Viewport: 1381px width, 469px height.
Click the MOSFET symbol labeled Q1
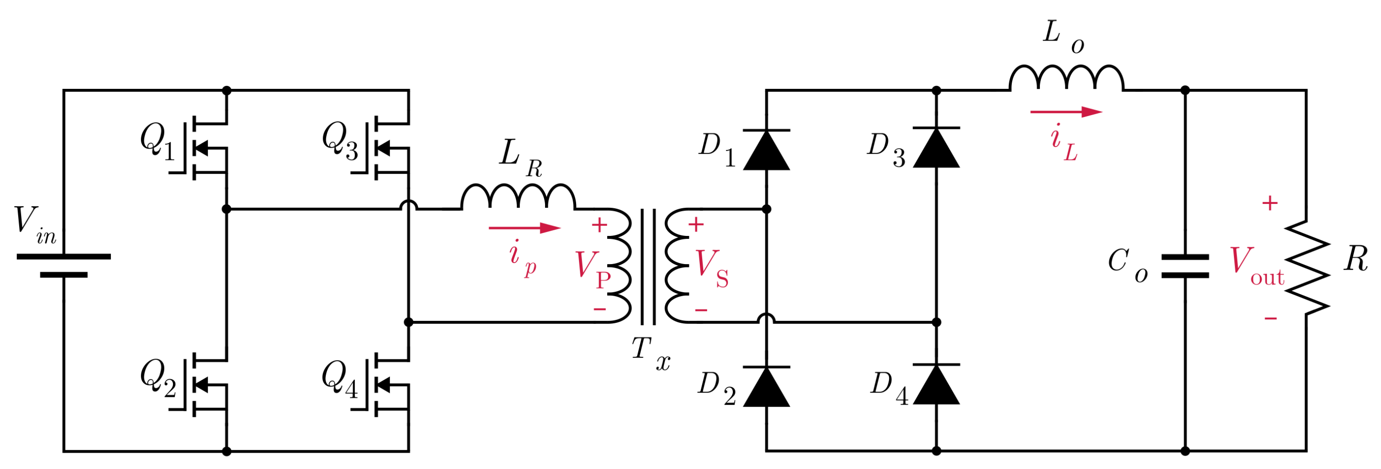206,149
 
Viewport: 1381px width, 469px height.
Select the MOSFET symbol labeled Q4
389,385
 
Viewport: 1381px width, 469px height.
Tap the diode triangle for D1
766,150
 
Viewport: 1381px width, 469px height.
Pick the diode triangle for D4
936,384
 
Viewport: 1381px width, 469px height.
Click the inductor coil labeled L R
518,197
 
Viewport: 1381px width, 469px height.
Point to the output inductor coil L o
1066,78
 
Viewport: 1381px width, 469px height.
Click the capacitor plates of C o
1185,266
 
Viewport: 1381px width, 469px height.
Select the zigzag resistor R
1307,267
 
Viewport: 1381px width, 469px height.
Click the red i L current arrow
1066,112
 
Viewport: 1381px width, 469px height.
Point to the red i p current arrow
525,228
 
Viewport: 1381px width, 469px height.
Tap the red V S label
711,268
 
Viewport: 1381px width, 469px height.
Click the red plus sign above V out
1270,203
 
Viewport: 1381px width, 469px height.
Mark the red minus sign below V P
600,309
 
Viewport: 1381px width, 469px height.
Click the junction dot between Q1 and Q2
226,209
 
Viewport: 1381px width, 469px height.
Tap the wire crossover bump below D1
766,319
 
